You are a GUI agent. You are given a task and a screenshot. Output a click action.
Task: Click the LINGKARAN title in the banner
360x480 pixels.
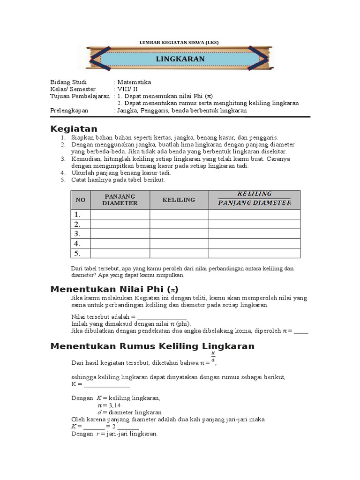click(180, 59)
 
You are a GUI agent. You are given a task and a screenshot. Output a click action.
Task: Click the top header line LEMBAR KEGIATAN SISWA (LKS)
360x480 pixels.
click(180, 42)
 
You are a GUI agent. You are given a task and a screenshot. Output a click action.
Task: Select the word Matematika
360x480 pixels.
click(134, 82)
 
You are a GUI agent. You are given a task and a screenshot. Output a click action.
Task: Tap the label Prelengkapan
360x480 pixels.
click(69, 110)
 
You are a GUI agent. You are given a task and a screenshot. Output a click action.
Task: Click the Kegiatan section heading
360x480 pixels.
click(74, 129)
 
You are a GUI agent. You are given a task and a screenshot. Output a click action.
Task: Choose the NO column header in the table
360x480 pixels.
click(81, 200)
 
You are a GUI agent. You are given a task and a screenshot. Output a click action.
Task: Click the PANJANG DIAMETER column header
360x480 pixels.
click(120, 200)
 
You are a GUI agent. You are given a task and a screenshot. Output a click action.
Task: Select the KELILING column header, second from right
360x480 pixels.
click(179, 200)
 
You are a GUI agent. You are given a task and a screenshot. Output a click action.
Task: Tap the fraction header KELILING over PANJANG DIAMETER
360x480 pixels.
click(255, 198)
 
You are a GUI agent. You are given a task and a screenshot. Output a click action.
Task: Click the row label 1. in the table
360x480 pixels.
click(77, 214)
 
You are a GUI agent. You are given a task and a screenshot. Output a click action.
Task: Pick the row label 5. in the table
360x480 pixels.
click(77, 254)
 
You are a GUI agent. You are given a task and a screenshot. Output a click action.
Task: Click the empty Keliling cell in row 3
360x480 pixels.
click(179, 234)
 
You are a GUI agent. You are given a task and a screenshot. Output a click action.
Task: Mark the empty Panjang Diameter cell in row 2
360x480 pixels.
click(120, 224)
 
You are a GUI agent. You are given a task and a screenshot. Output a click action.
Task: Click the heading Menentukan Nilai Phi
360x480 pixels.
click(114, 289)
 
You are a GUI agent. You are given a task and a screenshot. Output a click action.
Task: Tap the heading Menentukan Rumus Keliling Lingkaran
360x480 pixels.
click(152, 346)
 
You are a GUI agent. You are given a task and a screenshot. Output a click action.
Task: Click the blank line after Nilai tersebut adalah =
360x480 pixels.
click(162, 316)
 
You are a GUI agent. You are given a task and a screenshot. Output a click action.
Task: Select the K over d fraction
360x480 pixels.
click(213, 357)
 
